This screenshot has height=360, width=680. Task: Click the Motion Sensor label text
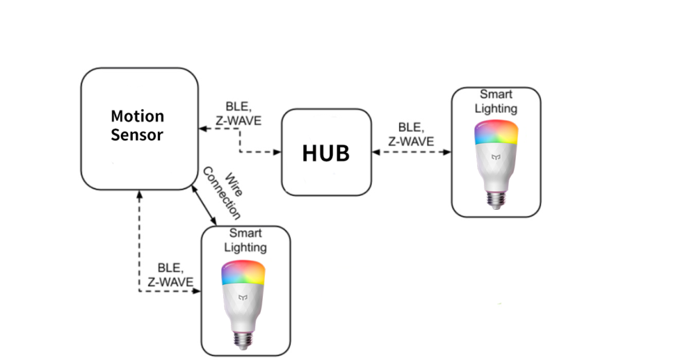tap(137, 125)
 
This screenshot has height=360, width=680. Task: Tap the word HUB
tap(325, 153)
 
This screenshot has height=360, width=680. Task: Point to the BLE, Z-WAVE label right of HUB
tap(412, 134)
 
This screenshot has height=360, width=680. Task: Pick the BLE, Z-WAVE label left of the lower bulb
tap(170, 276)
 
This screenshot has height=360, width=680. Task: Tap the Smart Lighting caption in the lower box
tap(245, 240)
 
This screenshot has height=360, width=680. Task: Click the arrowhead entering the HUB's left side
tap(277, 152)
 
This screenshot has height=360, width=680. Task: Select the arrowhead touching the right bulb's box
tap(446, 152)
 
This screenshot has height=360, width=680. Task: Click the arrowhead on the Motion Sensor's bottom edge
tap(139, 193)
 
